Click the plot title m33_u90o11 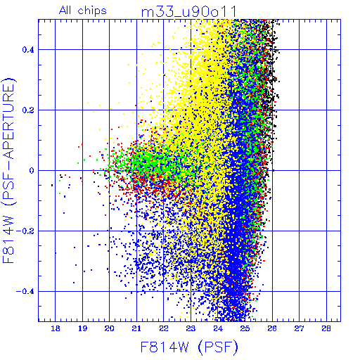tap(189, 12)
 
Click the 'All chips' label tap(83, 11)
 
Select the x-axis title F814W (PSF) tap(189, 347)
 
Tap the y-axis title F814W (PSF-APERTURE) tap(8, 170)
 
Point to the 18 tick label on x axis tap(56, 328)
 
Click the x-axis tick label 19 tap(82, 328)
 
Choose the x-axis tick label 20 tap(110, 328)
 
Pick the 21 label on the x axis tap(136, 328)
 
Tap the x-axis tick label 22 tap(164, 328)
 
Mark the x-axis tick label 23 tap(191, 328)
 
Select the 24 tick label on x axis tap(218, 328)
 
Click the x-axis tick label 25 tap(245, 328)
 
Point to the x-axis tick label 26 tap(272, 328)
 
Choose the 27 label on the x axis tap(299, 328)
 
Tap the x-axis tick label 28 tap(326, 328)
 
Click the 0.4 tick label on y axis tap(28, 50)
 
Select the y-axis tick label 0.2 tap(28, 110)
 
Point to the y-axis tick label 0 tap(32, 170)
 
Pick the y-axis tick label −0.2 tap(25, 231)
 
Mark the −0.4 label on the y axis tap(25, 292)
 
